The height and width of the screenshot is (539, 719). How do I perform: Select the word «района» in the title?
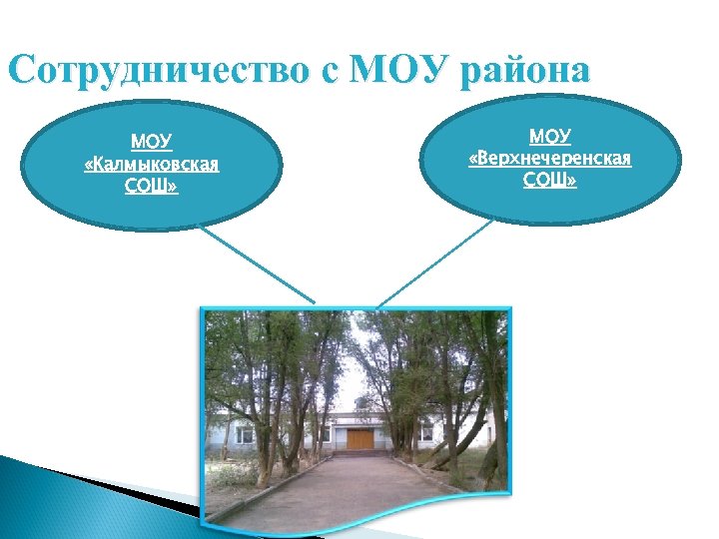(x=525, y=72)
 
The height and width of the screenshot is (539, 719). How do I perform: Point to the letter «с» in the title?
(x=332, y=74)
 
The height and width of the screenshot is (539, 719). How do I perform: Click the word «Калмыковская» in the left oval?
(x=152, y=164)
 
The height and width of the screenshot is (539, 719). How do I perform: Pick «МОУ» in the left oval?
(x=152, y=142)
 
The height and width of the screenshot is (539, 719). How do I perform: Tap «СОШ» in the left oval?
(x=152, y=186)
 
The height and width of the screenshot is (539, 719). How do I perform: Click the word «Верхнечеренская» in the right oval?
(x=549, y=158)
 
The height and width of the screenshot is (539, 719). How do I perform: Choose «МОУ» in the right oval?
(x=549, y=136)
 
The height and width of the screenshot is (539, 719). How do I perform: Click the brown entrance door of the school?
(x=359, y=438)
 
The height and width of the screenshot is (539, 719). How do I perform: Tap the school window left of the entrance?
(x=245, y=435)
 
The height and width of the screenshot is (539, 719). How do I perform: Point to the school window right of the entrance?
(x=426, y=433)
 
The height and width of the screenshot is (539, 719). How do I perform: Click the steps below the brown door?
(x=359, y=452)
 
